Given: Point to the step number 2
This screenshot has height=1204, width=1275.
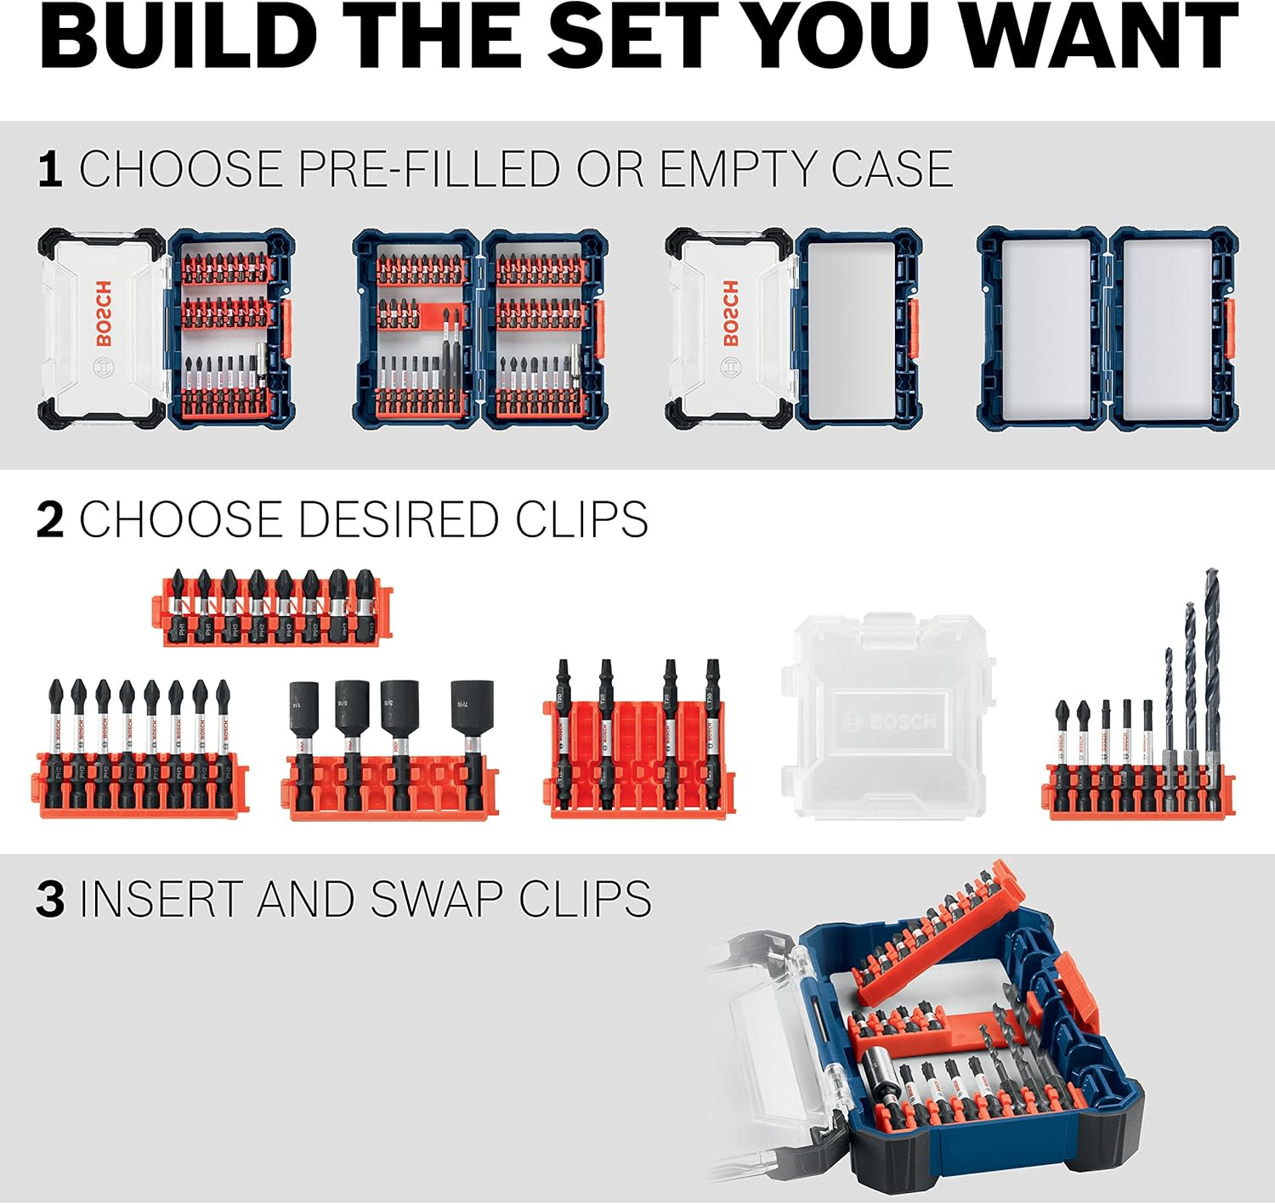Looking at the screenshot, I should click(50, 519).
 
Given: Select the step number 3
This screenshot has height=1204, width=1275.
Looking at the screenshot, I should click(50, 899).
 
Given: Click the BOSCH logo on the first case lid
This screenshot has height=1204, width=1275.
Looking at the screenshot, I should click(103, 314).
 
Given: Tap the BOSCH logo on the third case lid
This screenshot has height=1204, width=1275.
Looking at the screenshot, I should click(730, 314).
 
